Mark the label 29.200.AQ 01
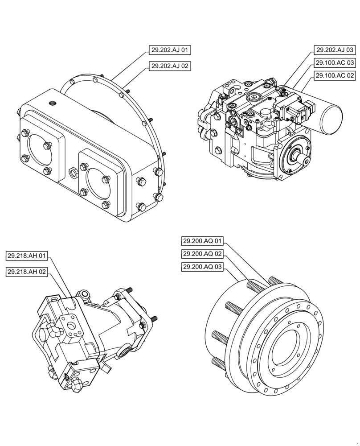202,241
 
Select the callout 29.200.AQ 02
202,254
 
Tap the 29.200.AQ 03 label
202,267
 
